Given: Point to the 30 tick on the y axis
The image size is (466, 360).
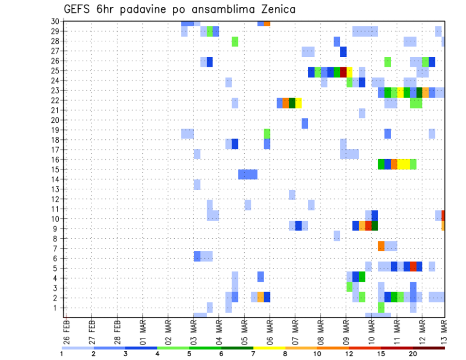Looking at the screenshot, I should pyautogui.click(x=55, y=21).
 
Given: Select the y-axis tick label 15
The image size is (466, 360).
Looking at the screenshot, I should pyautogui.click(x=55, y=169).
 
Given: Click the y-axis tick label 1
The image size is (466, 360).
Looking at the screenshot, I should pyautogui.click(x=57, y=308).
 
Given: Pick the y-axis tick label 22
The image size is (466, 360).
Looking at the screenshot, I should pyautogui.click(x=55, y=100).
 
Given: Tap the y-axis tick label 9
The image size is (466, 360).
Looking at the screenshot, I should pyautogui.click(x=57, y=229).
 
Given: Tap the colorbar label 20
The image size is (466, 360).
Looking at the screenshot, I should pyautogui.click(x=413, y=354).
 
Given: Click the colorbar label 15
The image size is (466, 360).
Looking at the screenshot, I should pyautogui.click(x=381, y=354).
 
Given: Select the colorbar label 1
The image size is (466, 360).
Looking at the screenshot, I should pyautogui.click(x=62, y=354).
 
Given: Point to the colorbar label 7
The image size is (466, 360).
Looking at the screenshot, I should pyautogui.click(x=253, y=354).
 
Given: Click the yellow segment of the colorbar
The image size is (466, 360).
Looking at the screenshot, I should pyautogui.click(x=269, y=348).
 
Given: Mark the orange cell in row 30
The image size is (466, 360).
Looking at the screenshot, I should pyautogui.click(x=267, y=23).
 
